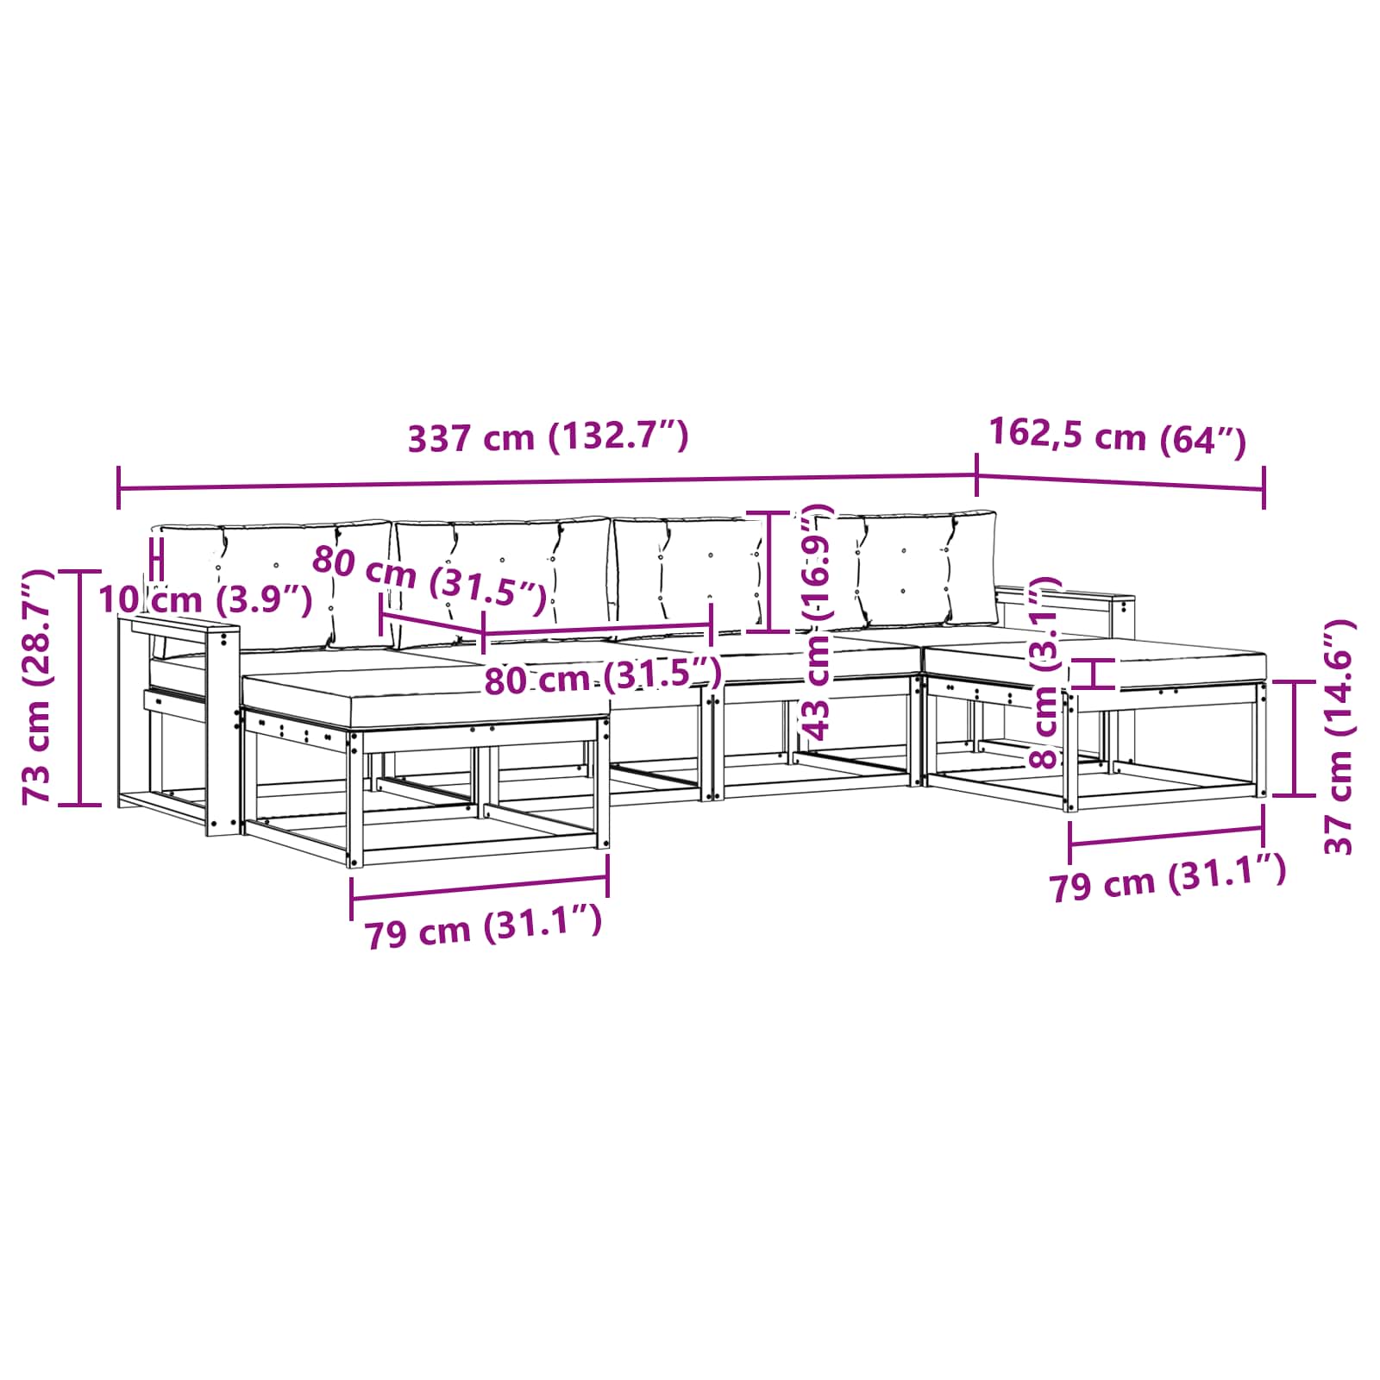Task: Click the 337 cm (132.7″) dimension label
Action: pyautogui.click(x=548, y=437)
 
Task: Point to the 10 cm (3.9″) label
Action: pyautogui.click(x=205, y=599)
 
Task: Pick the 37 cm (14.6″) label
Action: pyautogui.click(x=1339, y=737)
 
